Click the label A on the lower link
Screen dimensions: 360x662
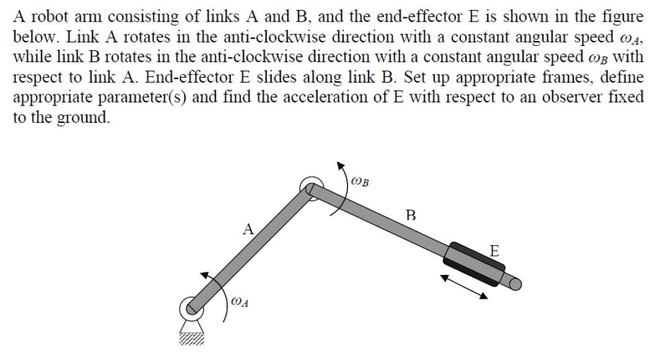click(248, 229)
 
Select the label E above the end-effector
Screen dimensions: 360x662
click(494, 251)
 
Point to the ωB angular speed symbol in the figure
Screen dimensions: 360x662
click(359, 182)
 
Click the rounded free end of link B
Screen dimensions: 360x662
click(516, 284)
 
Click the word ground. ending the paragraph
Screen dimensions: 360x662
click(83, 118)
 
